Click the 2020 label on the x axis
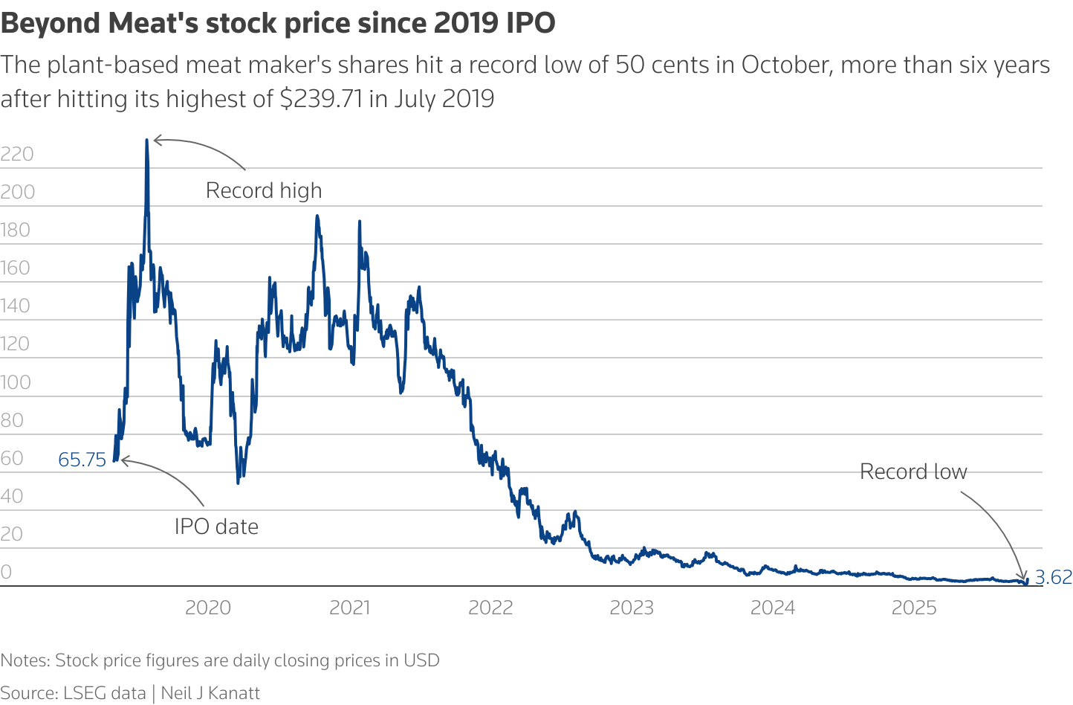(208, 608)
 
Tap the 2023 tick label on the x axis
(632, 608)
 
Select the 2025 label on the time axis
(914, 608)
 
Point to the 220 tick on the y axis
(17, 154)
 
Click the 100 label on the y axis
(16, 382)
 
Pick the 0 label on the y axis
(7, 572)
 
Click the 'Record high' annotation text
(264, 190)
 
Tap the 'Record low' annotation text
(913, 471)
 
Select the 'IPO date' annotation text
(216, 527)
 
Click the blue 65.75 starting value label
(82, 460)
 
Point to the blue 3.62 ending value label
(1053, 577)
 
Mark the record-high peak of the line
(146, 140)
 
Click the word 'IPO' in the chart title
(531, 23)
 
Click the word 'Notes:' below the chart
(25, 660)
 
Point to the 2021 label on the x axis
(349, 608)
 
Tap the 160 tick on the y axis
(16, 268)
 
